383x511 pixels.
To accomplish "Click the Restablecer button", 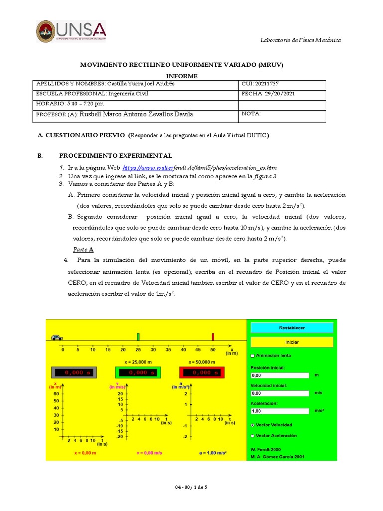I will (292, 328).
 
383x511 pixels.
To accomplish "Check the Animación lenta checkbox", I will (253, 356).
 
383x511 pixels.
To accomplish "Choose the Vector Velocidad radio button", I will (253, 425).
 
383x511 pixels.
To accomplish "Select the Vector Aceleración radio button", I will (253, 436).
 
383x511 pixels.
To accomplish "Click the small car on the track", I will (56, 337).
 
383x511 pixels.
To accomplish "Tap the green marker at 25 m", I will (138, 336).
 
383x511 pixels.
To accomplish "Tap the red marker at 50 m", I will (213, 336).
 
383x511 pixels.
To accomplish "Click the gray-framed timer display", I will (74, 372).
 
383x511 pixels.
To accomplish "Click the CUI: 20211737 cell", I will (282, 84).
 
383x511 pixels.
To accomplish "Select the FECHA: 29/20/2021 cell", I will (282, 94).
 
